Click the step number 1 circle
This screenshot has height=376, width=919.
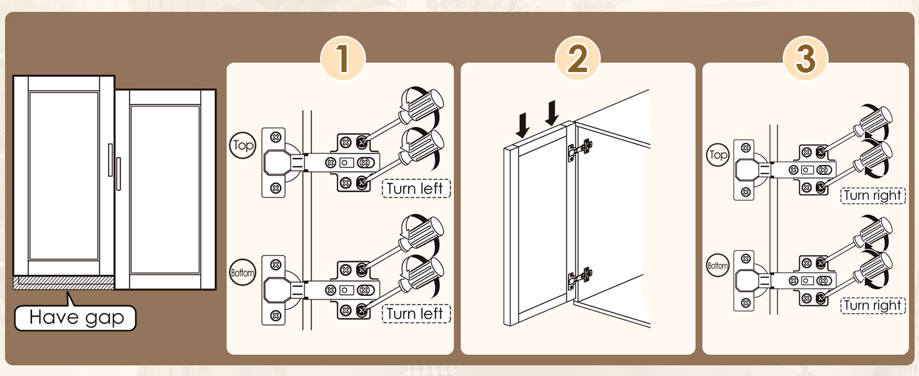pyautogui.click(x=343, y=58)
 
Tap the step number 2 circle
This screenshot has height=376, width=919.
pyautogui.click(x=578, y=58)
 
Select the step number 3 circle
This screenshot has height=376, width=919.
pyautogui.click(x=805, y=58)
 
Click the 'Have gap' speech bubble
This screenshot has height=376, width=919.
pyautogui.click(x=75, y=318)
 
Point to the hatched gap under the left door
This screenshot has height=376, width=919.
pyautogui.click(x=63, y=283)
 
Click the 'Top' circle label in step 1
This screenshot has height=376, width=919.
pyautogui.click(x=242, y=145)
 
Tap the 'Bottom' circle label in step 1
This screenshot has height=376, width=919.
pyautogui.click(x=242, y=273)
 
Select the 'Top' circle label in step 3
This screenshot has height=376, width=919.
pyautogui.click(x=717, y=155)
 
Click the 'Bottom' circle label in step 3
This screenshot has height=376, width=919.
pyautogui.click(x=717, y=266)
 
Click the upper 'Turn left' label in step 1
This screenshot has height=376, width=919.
pyautogui.click(x=416, y=189)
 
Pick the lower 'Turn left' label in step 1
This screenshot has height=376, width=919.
pyautogui.click(x=416, y=314)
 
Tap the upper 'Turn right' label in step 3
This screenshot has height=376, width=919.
pyautogui.click(x=873, y=196)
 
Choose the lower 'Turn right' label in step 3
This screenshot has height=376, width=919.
pyautogui.click(x=873, y=306)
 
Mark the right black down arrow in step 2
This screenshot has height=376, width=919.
pyautogui.click(x=552, y=113)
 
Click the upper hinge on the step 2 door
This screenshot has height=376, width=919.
pyautogui.click(x=579, y=150)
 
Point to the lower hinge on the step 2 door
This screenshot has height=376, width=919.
pyautogui.click(x=579, y=278)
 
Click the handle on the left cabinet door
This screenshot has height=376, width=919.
pyautogui.click(x=110, y=160)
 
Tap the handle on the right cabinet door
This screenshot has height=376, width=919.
pyautogui.click(x=119, y=174)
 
